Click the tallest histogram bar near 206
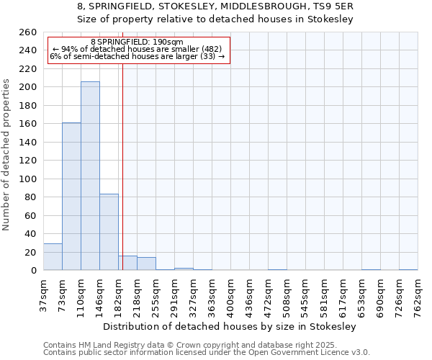90,176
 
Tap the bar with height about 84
109,232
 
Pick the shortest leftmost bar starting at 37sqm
53,257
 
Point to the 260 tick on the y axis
28,32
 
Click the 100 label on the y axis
28,179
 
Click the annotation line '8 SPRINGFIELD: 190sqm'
138,42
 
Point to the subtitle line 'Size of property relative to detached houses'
215,19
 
